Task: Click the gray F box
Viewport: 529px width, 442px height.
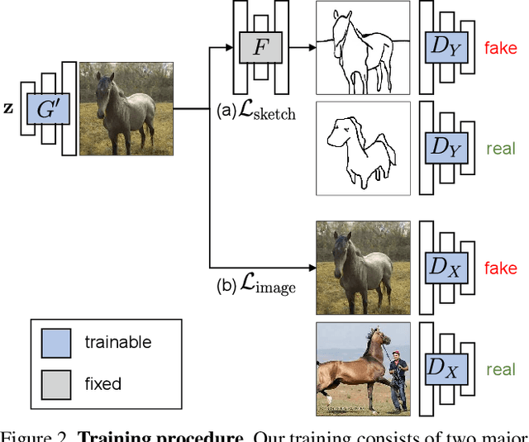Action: pos(260,47)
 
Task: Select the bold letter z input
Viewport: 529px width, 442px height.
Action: pos(9,108)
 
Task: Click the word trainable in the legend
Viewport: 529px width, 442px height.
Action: pos(118,341)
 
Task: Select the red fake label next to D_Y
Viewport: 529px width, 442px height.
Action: pos(501,47)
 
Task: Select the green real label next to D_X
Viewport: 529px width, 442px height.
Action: pos(501,368)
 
